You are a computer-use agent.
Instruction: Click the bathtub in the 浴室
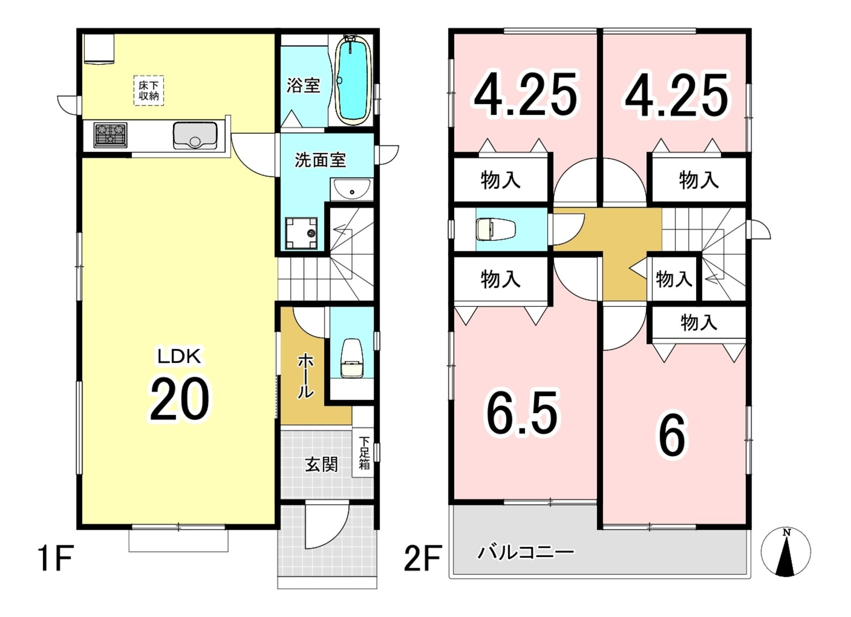click(353, 80)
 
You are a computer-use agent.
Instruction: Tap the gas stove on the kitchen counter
click(110, 135)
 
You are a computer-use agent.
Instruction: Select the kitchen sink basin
click(195, 135)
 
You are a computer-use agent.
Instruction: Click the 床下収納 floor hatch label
click(149, 91)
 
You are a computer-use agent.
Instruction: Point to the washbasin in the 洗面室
click(352, 189)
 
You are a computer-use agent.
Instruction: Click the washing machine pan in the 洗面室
click(301, 234)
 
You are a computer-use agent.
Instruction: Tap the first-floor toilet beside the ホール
click(352, 358)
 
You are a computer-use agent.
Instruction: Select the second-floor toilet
click(496, 229)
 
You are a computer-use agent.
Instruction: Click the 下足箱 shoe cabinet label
click(364, 452)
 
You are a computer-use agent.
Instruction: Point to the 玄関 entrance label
click(321, 464)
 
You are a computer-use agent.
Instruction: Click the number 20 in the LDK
click(180, 399)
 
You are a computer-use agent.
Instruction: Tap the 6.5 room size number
click(522, 413)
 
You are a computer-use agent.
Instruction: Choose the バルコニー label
click(526, 552)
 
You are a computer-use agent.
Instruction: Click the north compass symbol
click(786, 552)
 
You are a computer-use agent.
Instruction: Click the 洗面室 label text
click(320, 160)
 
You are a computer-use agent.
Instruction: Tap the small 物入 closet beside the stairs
click(674, 279)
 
